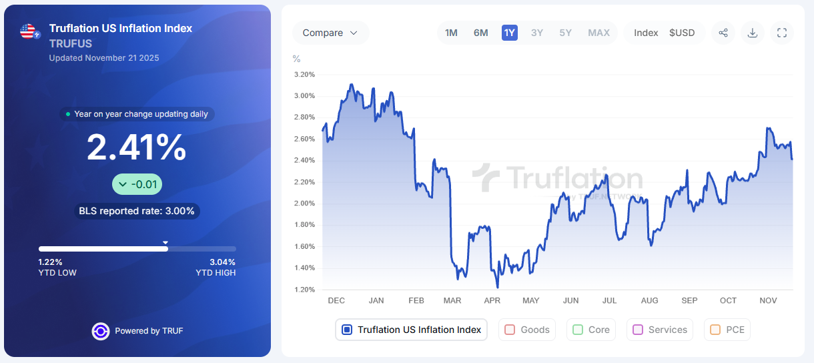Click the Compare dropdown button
(330, 33)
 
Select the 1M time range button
(451, 33)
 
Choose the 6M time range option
(480, 33)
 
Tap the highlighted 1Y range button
(510, 33)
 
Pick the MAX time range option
(598, 33)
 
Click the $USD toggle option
(682, 33)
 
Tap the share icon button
(723, 33)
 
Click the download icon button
(753, 33)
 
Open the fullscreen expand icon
(782, 33)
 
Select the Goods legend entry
(527, 330)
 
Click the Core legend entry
(591, 330)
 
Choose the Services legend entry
(660, 330)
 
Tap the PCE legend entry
(727, 330)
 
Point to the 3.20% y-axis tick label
(304, 75)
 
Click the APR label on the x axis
(492, 301)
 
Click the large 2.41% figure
(137, 147)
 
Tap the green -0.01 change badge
(137, 184)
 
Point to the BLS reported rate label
(137, 212)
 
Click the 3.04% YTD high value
(222, 262)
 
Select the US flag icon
(28, 31)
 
